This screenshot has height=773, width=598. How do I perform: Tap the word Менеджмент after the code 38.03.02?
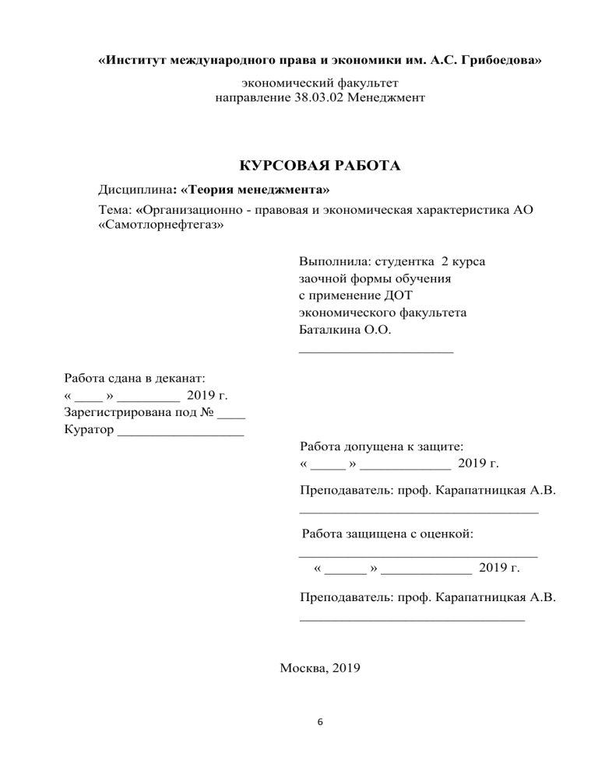click(385, 99)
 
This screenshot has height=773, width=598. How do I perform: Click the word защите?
click(437, 447)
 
